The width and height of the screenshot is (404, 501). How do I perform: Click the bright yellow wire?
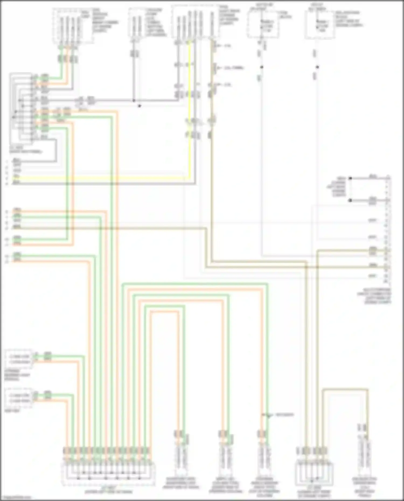coord(189,108)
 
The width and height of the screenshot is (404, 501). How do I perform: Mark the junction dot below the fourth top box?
coord(262,67)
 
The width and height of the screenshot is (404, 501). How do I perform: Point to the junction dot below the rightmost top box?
coord(318,67)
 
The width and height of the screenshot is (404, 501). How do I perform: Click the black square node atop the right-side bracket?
coord(350,178)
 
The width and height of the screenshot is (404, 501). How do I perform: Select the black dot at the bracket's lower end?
coord(350,201)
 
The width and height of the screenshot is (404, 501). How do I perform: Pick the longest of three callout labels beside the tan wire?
coord(234,68)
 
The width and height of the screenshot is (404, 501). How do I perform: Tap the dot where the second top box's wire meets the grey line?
coord(134,101)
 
